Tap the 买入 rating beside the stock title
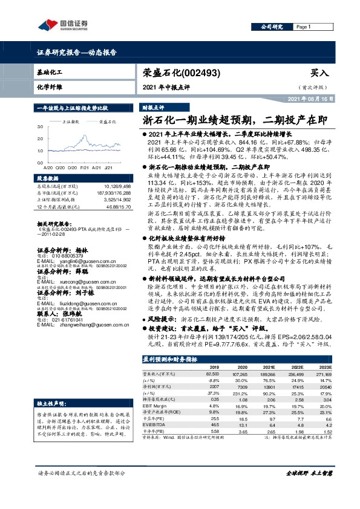[318, 73]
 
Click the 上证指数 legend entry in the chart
[72, 122]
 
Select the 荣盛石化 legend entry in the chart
[107, 122]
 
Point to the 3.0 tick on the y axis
[40, 127]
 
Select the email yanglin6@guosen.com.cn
[68, 228]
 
